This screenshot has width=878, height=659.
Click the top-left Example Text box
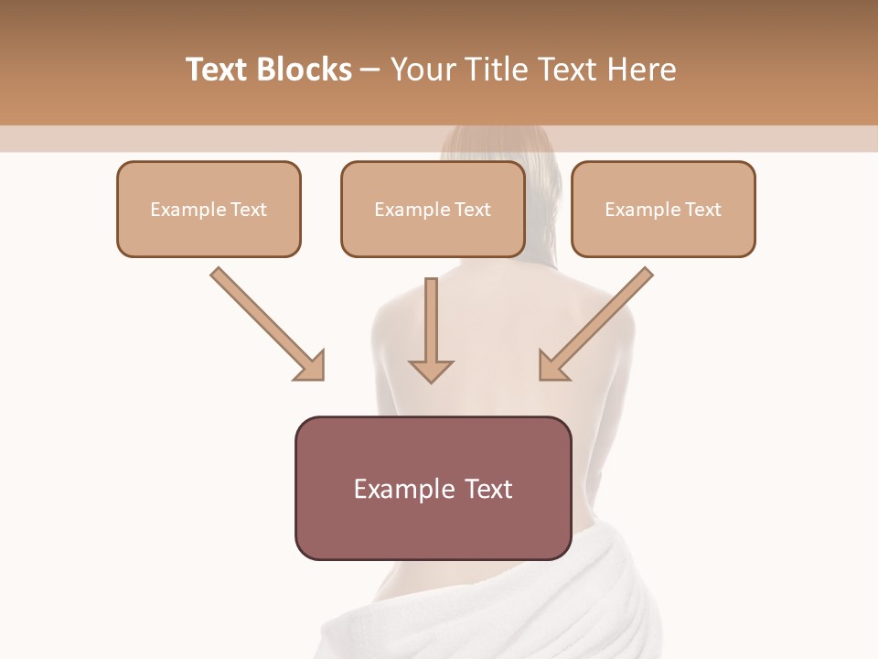click(209, 209)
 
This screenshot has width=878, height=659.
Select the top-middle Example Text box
click(433, 209)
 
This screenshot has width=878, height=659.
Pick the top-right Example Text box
click(663, 209)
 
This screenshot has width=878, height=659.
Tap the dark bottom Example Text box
click(433, 488)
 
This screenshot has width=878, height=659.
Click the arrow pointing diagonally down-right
click(265, 322)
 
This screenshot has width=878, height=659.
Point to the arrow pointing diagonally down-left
click(598, 322)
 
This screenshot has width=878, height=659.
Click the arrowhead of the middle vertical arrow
click(431, 370)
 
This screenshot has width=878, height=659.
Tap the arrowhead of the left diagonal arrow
click(311, 366)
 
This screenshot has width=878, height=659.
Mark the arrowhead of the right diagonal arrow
click(552, 366)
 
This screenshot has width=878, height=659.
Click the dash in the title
click(370, 70)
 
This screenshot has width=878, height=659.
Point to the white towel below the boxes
click(494, 613)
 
